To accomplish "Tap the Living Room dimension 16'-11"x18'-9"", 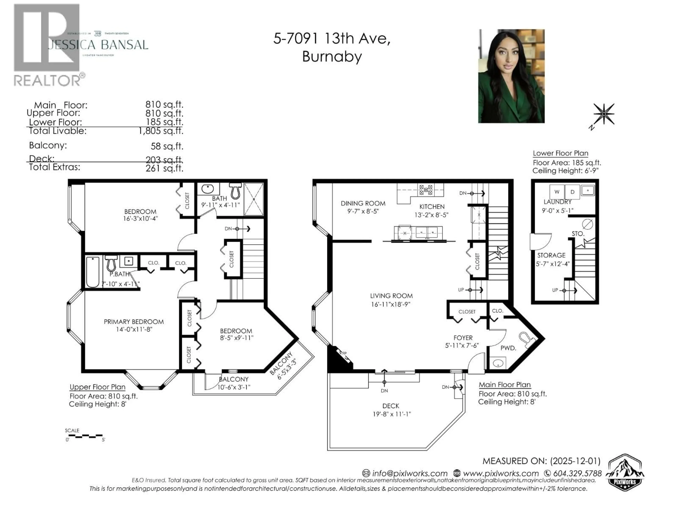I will click(x=391, y=304).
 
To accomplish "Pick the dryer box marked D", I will click(x=572, y=192).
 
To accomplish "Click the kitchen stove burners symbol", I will click(x=426, y=190).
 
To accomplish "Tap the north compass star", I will click(x=603, y=114).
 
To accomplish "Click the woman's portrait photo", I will click(x=511, y=76).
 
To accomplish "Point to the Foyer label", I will click(x=463, y=338).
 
